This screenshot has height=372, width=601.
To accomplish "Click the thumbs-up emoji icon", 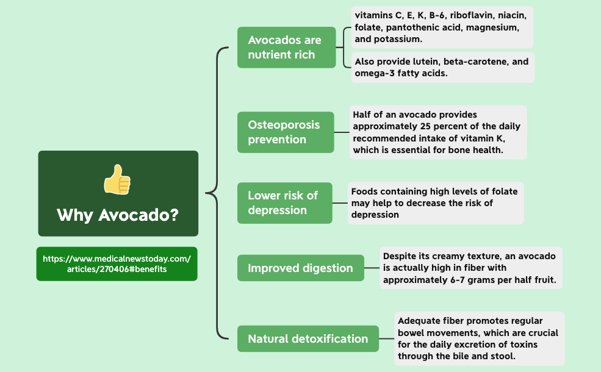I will (117, 179).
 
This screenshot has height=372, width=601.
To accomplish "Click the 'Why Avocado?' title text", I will (118, 215).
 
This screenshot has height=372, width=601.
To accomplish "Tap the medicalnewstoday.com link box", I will (117, 263).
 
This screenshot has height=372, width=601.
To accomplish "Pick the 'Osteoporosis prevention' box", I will (286, 132).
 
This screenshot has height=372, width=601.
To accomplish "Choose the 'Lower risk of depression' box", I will (285, 202).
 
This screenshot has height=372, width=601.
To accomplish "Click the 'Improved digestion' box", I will (301, 268).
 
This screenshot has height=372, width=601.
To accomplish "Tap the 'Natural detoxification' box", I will (308, 338).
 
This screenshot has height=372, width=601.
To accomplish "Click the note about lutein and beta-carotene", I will (442, 67).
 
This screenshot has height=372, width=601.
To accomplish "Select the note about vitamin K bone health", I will (437, 132).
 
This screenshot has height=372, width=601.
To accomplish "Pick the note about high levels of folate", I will (435, 202).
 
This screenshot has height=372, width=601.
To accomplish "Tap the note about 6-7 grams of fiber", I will (470, 268).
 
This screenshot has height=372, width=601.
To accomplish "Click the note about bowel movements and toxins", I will (479, 338).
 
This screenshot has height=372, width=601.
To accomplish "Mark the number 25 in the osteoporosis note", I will (427, 126).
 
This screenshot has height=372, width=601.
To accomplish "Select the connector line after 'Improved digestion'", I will (372, 268).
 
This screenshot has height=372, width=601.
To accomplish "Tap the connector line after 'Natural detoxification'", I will (386, 338).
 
